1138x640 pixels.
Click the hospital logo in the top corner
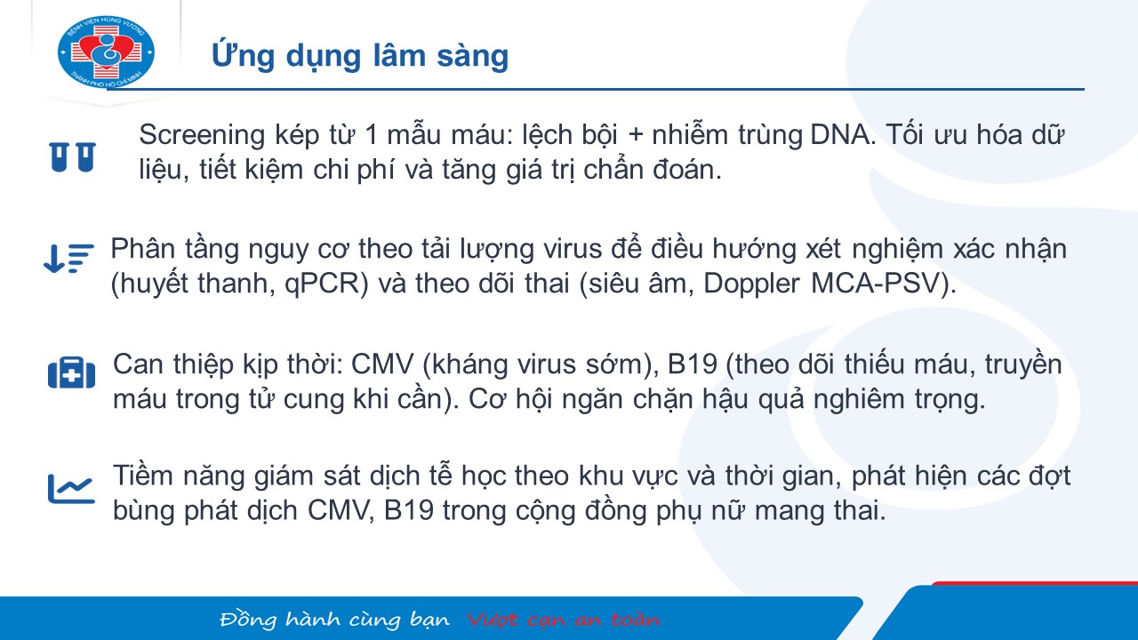coord(106,52)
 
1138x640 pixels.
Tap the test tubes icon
coord(73,157)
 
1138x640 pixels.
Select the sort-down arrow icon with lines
coord(69,258)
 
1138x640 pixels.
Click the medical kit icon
coord(72,372)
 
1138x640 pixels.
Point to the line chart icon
coord(72,489)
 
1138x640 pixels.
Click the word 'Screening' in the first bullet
coord(202,136)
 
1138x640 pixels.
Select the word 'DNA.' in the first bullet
coord(843,135)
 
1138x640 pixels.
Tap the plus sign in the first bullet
coord(635,136)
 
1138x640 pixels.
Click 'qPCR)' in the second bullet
coord(326,284)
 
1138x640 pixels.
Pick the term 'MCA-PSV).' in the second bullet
coord(884,284)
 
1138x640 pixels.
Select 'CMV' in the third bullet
coord(382,364)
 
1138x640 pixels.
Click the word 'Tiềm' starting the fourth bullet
coord(143,476)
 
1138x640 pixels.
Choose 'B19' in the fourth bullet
coord(409,510)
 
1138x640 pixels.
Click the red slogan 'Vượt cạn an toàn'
coord(564,620)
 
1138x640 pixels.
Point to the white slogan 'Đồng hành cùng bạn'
coord(335,620)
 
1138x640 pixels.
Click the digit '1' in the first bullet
coord(372,135)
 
